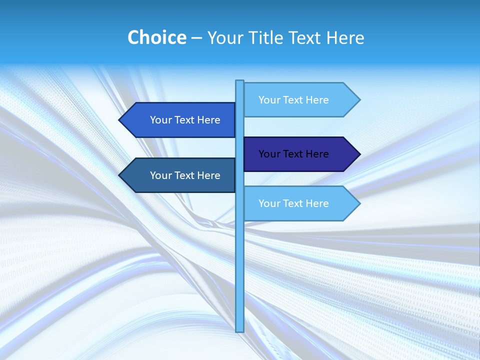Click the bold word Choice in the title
click(x=156, y=37)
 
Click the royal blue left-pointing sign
click(x=180, y=120)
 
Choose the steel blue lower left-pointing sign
click(x=180, y=175)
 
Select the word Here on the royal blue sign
click(x=208, y=120)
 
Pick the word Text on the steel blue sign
click(x=184, y=175)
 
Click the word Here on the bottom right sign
click(x=317, y=203)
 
